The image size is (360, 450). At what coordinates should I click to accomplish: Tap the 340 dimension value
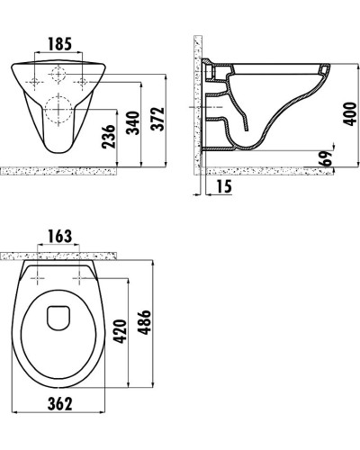click(132, 125)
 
